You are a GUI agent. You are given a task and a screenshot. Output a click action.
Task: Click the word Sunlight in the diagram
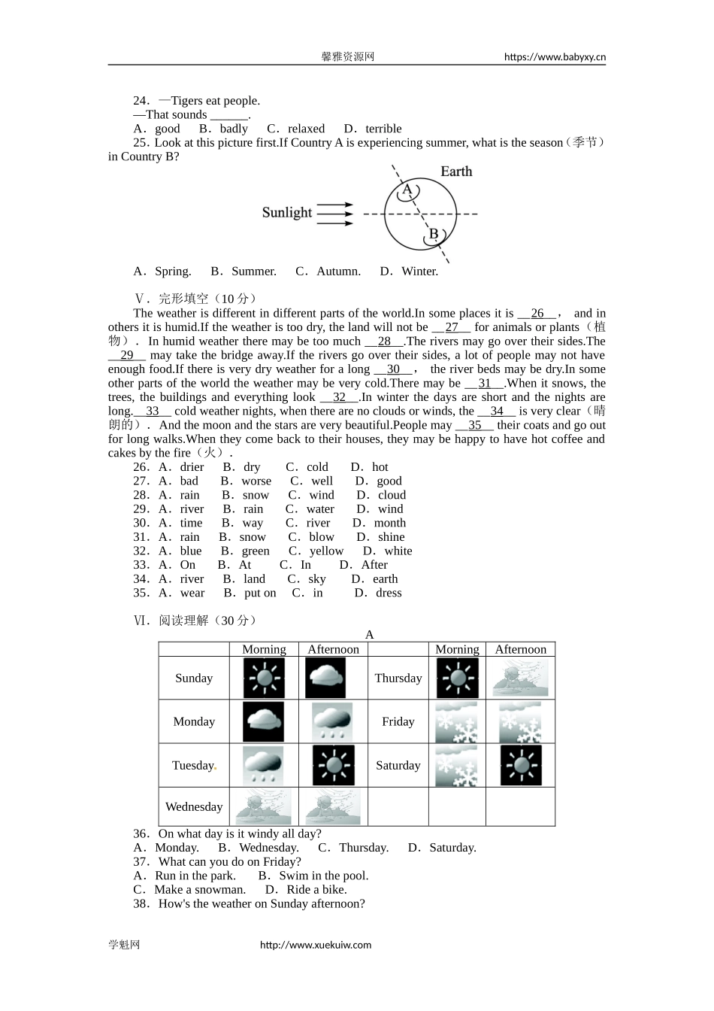[x=286, y=213]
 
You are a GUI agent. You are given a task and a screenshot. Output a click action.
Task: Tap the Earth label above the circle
[x=455, y=172]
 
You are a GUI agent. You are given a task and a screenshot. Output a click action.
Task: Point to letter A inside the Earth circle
[x=407, y=190]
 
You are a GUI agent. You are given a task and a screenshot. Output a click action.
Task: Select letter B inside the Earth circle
[x=434, y=234]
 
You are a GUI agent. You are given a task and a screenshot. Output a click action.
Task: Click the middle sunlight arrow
[x=334, y=214]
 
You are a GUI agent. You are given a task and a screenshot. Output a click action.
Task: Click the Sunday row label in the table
[x=194, y=679]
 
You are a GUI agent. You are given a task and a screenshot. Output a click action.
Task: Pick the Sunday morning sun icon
[x=264, y=679]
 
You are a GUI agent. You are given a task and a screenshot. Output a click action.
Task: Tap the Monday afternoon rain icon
[x=332, y=722]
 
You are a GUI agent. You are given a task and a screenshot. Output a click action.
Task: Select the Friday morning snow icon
[x=456, y=722]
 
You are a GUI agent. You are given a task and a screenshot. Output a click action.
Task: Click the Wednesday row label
[x=194, y=807]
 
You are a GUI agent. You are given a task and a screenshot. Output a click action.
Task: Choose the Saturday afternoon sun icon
[x=520, y=766]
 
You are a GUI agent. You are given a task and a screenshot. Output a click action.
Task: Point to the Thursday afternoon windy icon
[x=520, y=679]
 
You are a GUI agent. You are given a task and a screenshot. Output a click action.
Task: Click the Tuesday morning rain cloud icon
[x=263, y=766]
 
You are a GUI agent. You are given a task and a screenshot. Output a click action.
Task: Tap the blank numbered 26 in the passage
[x=537, y=314]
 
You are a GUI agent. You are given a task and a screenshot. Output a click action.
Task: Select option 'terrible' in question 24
[x=383, y=129]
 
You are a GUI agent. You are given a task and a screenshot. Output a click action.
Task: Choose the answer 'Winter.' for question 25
[x=419, y=272]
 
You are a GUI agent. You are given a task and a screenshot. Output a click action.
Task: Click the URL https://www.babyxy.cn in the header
[x=555, y=57]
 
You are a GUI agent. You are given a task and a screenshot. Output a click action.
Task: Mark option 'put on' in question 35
[x=259, y=594]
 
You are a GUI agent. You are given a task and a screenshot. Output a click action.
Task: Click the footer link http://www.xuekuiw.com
[x=316, y=946]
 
